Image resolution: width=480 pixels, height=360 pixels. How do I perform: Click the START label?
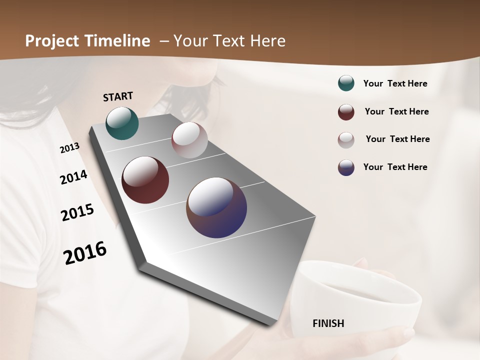pyautogui.click(x=118, y=96)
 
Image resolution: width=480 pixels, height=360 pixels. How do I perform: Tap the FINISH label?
pyautogui.click(x=328, y=323)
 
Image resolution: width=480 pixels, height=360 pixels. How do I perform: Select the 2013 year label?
pyautogui.click(x=69, y=148)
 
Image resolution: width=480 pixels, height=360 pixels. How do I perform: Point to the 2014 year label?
pyautogui.click(x=73, y=177)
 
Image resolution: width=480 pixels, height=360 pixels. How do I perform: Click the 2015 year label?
pyautogui.click(x=77, y=212)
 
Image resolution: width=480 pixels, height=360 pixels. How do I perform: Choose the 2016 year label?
pyautogui.click(x=85, y=252)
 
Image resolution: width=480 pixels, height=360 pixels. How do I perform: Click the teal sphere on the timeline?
pyautogui.click(x=122, y=123)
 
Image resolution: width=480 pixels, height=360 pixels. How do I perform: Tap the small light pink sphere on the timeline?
pyautogui.click(x=189, y=140)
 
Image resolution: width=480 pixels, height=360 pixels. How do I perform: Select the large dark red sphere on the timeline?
pyautogui.click(x=145, y=180)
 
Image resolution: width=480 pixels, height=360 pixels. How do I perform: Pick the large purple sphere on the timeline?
pyautogui.click(x=216, y=207)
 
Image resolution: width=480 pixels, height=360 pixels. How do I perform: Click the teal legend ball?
pyautogui.click(x=346, y=83)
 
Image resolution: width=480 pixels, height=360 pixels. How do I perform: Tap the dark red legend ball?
pyautogui.click(x=346, y=112)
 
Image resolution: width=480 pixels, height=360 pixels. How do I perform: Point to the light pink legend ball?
pyautogui.click(x=346, y=140)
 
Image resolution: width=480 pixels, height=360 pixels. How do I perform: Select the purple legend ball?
pyautogui.click(x=346, y=167)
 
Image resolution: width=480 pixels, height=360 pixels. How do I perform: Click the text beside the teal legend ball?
pyautogui.click(x=395, y=83)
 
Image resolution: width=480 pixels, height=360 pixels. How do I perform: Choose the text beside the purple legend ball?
pyautogui.click(x=395, y=167)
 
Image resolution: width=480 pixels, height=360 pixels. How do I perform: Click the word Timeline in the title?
pyautogui.click(x=118, y=41)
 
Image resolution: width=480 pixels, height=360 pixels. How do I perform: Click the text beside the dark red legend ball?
pyautogui.click(x=396, y=111)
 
